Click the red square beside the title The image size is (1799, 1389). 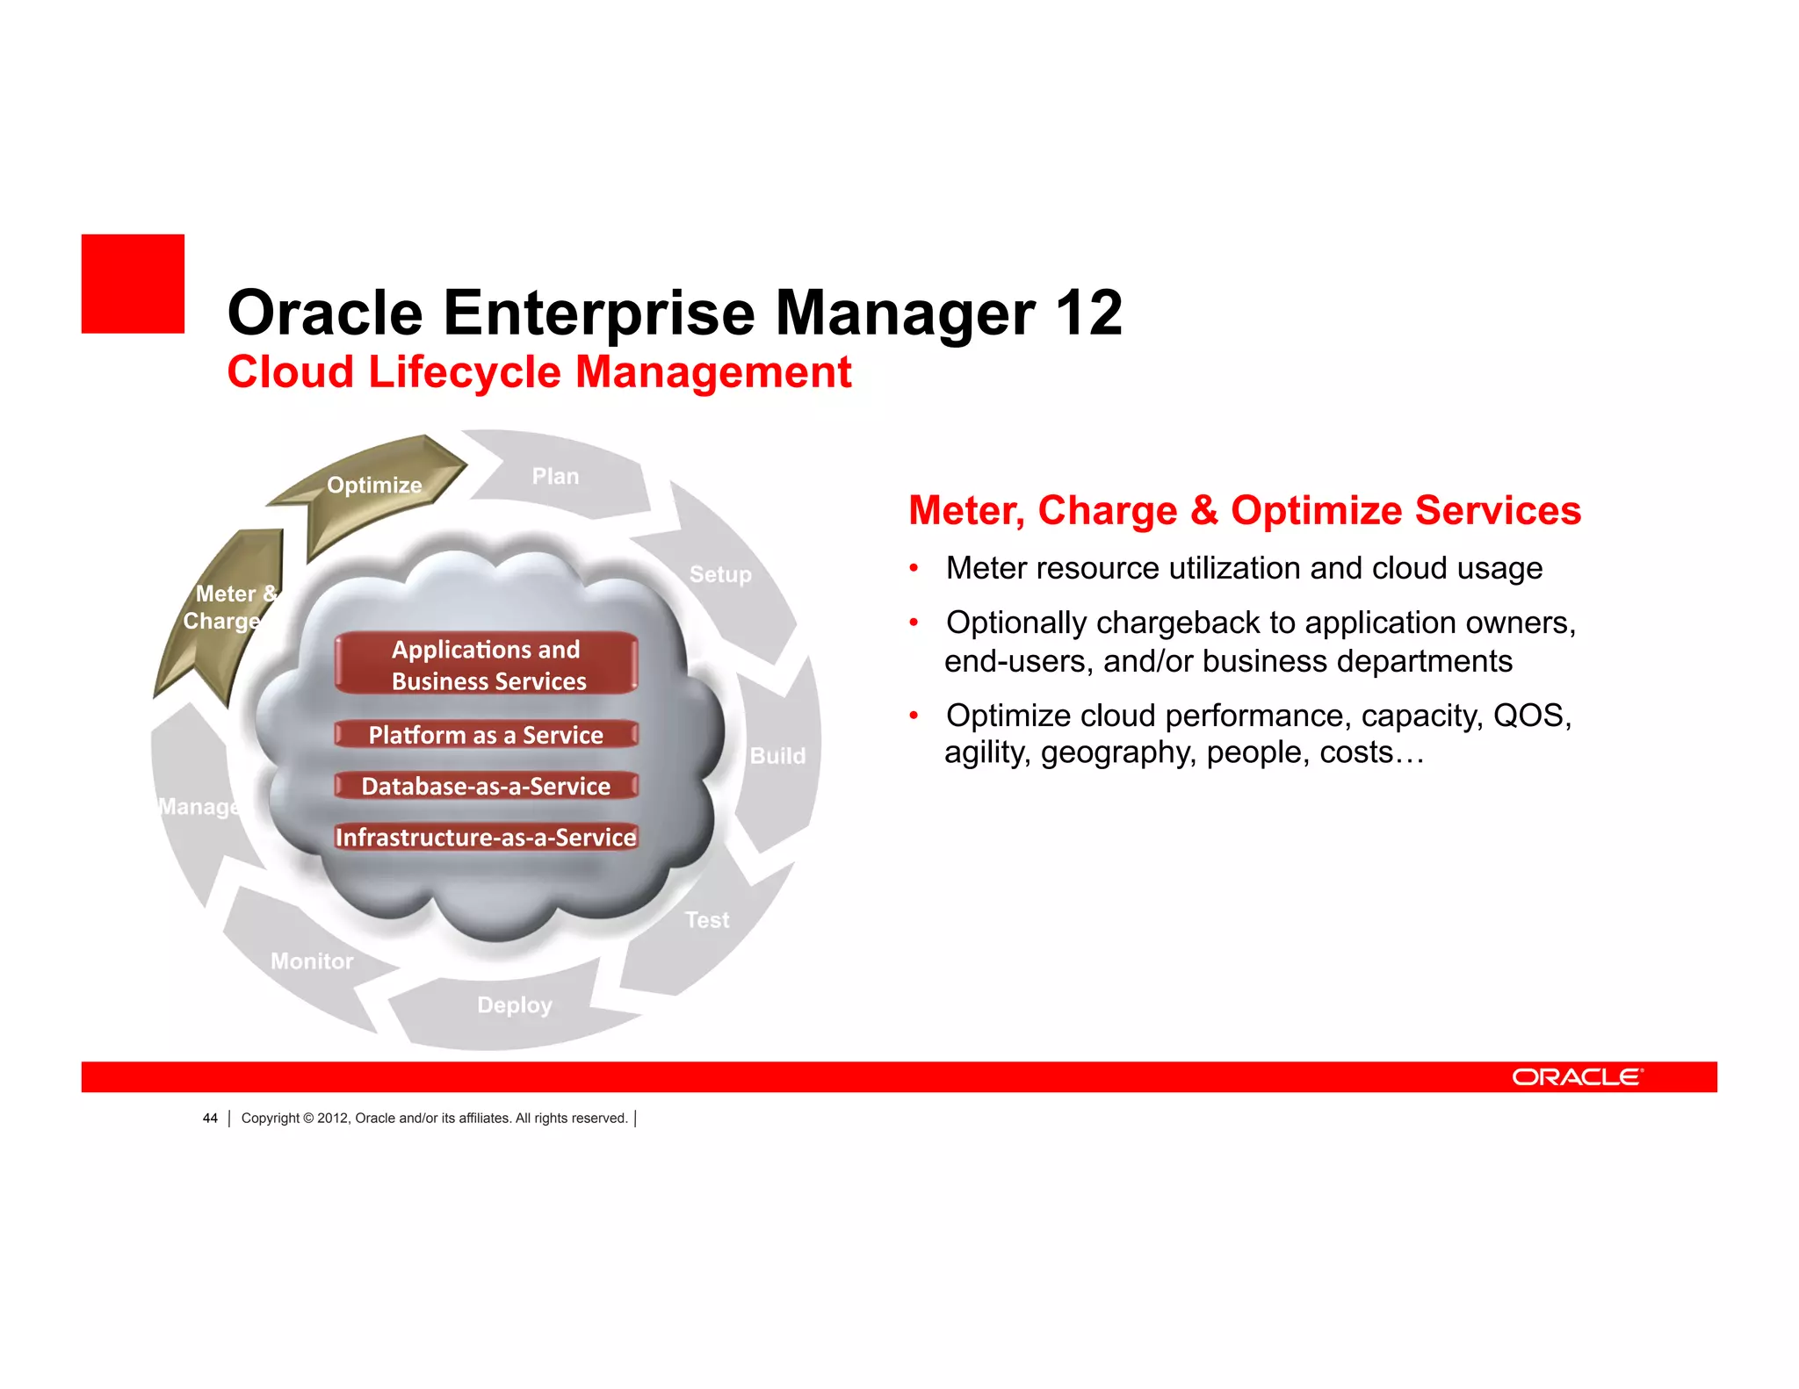[133, 284]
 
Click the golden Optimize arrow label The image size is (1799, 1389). [374, 486]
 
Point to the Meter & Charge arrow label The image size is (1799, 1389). [228, 608]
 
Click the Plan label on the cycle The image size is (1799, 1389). [555, 477]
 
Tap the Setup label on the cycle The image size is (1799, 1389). [720, 575]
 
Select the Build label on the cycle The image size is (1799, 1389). [777, 756]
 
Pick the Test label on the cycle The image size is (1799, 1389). [707, 920]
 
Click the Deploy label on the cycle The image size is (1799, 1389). [515, 1005]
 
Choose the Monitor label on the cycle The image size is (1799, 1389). [312, 961]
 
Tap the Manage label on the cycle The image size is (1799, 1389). [199, 807]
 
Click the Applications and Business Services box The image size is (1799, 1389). [486, 665]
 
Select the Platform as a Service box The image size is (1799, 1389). [486, 735]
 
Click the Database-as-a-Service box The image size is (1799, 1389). [486, 786]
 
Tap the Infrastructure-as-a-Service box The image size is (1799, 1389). [486, 838]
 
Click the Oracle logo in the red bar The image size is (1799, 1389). [1577, 1077]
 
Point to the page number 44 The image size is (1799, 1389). [210, 1119]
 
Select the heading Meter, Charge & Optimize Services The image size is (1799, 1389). [1244, 511]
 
